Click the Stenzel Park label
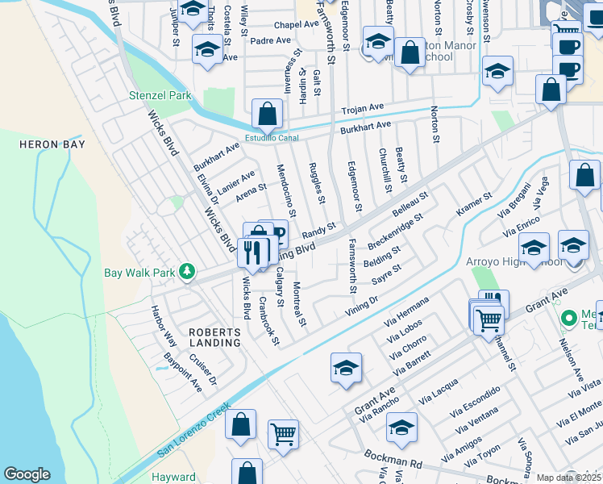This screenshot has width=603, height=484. (x=160, y=95)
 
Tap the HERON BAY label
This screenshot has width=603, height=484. (x=52, y=144)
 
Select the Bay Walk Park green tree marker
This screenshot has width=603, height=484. (x=187, y=271)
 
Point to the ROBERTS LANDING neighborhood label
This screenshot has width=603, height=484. (x=214, y=337)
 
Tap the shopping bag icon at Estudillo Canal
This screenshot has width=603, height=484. (x=267, y=114)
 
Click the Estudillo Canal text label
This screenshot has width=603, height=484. (x=272, y=137)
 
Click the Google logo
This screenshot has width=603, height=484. (x=27, y=474)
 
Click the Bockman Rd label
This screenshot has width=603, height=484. (x=393, y=461)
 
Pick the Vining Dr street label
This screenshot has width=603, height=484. (x=363, y=302)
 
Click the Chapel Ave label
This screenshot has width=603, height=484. (x=295, y=25)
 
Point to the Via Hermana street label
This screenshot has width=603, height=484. (x=412, y=307)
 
